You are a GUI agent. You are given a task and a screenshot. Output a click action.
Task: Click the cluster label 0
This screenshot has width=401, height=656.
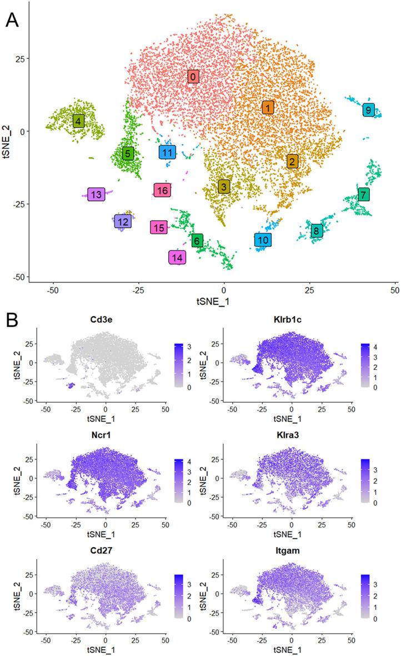coord(192,77)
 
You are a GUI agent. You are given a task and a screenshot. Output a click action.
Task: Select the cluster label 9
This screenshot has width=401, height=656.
coord(368,110)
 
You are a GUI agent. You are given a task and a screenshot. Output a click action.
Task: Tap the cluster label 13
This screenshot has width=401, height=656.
coord(96,194)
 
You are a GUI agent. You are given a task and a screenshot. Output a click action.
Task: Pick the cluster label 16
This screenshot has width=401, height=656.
coord(162,191)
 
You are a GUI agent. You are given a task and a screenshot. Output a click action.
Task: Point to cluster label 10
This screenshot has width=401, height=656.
coord(263,240)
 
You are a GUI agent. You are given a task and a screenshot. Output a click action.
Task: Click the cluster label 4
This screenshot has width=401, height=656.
coord(78,121)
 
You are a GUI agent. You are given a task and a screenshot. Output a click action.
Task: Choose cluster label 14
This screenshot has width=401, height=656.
coord(177,258)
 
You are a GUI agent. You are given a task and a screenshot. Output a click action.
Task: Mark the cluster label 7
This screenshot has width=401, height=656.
coord(363,194)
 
